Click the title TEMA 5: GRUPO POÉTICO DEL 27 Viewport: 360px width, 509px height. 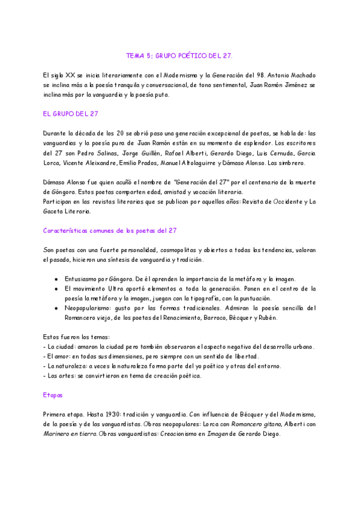[x=179, y=56]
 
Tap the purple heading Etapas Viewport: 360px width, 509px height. [x=53, y=396]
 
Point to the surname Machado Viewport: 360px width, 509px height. [x=300, y=75]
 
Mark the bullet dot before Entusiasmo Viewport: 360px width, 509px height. [x=56, y=279]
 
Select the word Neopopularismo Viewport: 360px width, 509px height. [x=88, y=308]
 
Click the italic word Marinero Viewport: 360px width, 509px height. [x=58, y=434]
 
